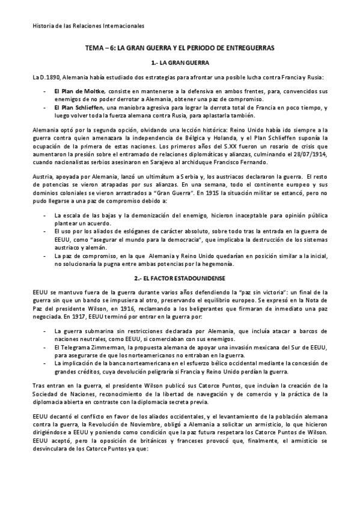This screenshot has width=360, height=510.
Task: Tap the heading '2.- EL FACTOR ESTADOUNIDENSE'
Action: pos(180,280)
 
